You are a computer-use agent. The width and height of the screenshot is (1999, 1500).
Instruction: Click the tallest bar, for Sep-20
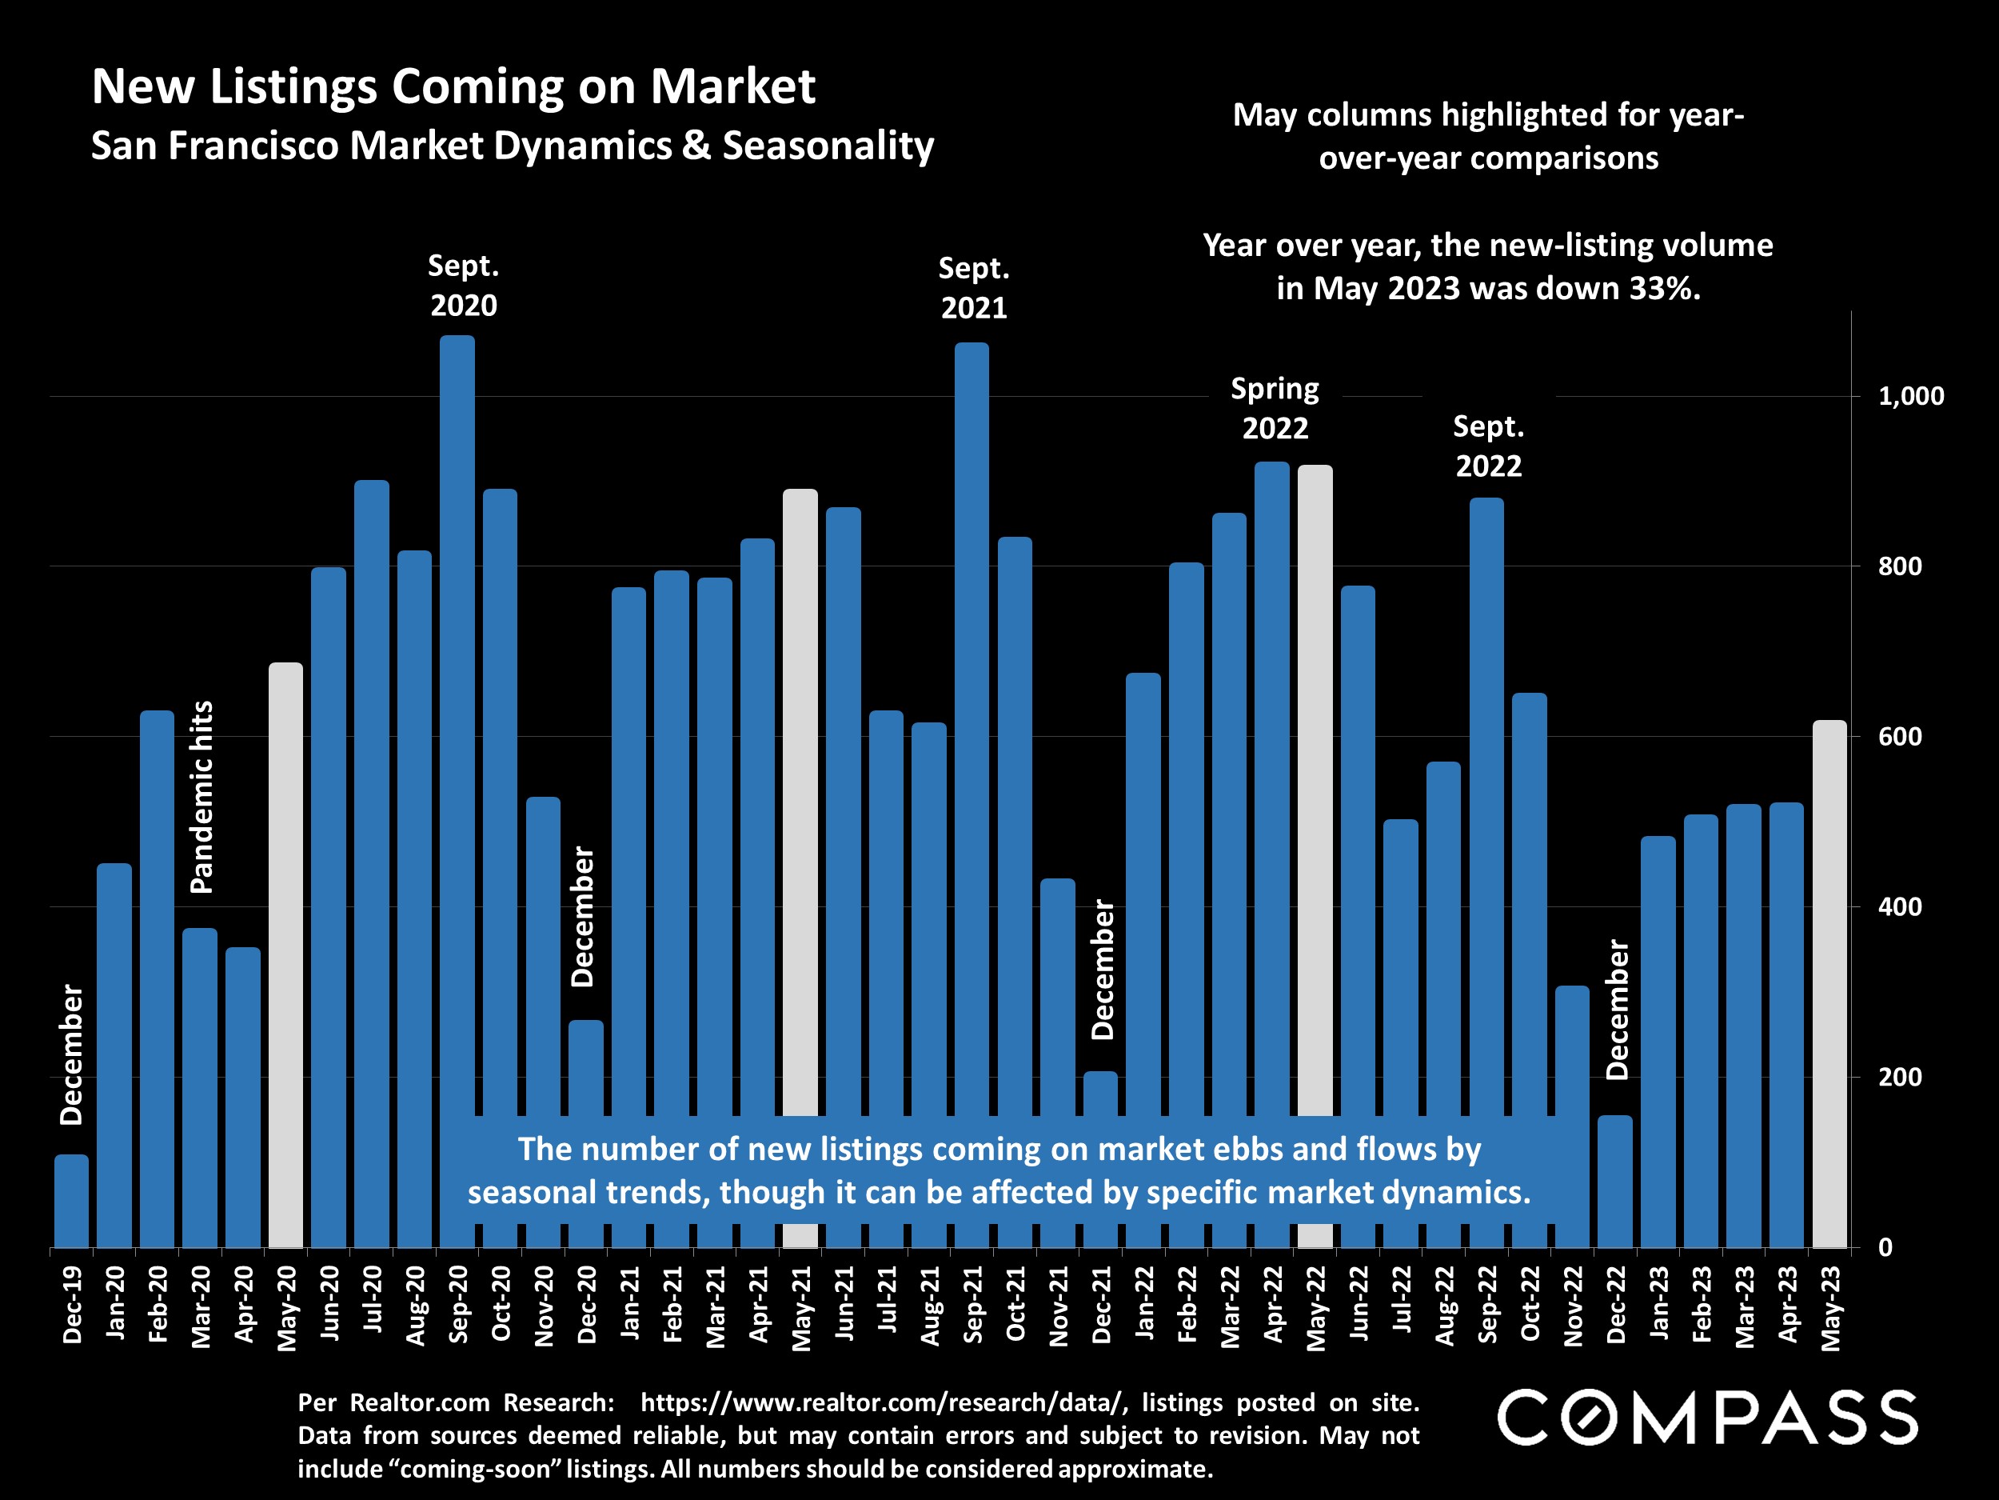tap(457, 723)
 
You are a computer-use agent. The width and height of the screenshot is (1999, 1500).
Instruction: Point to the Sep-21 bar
tap(972, 723)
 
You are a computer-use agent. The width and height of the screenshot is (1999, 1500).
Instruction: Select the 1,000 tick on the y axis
tap(1910, 396)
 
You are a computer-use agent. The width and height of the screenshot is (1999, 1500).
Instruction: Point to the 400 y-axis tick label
tap(1900, 907)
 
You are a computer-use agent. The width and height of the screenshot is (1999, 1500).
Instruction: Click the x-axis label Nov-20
tap(544, 1306)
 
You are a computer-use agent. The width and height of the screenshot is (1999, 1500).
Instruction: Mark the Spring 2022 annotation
tap(1275, 408)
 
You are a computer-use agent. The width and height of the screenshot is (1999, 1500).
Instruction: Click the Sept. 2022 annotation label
tap(1488, 446)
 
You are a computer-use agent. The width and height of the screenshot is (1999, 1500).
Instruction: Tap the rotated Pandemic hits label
tap(201, 797)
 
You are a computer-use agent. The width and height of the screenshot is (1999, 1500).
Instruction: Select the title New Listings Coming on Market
tap(453, 86)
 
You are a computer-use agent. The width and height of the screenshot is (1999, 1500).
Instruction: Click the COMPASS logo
tap(1707, 1417)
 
